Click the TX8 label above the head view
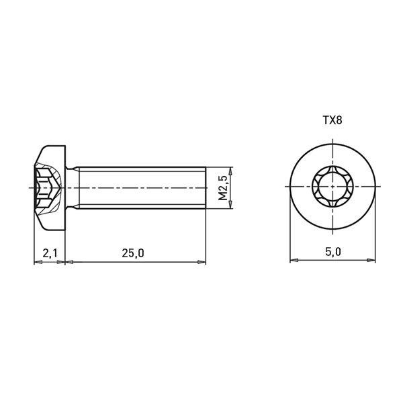click(x=332, y=120)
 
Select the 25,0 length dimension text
click(x=133, y=253)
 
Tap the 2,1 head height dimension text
click(x=50, y=253)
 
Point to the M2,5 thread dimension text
click(x=223, y=188)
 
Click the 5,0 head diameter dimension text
click(x=333, y=252)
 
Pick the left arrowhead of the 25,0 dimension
click(x=69, y=262)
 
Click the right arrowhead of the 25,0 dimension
click(x=201, y=262)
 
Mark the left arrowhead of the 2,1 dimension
click(x=38, y=262)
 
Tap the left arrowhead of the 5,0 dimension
click(x=294, y=260)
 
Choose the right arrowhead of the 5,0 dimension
click(x=371, y=260)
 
